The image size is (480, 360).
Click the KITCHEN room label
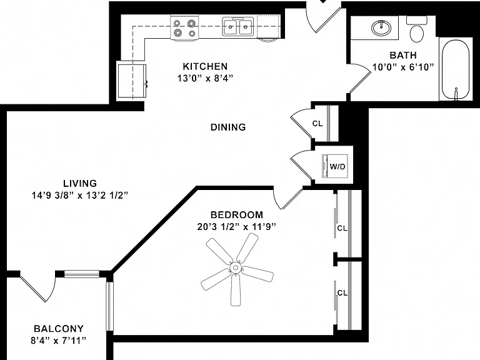coord(205,66)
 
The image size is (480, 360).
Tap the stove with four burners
coord(184,27)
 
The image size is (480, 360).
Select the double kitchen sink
coord(238,27)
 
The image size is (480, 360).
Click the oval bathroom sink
coord(381,28)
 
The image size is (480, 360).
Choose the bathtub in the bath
coord(456,70)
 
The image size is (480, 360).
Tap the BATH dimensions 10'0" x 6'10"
coord(403,67)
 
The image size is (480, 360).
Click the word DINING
coord(228,127)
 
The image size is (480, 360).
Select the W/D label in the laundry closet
coord(337,166)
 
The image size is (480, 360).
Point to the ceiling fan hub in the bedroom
coord(236,268)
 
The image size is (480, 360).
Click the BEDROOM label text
coord(237,215)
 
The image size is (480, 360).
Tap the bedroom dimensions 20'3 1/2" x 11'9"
coord(237,227)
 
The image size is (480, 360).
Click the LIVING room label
coord(80,183)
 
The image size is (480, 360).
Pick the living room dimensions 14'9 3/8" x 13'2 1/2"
coord(79,195)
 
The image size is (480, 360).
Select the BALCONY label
coord(59,329)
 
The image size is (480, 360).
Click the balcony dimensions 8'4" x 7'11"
coord(59,341)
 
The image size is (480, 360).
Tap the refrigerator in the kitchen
coord(132,81)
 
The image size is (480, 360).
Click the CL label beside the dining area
coord(317,123)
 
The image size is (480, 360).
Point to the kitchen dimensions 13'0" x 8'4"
coord(205,78)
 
